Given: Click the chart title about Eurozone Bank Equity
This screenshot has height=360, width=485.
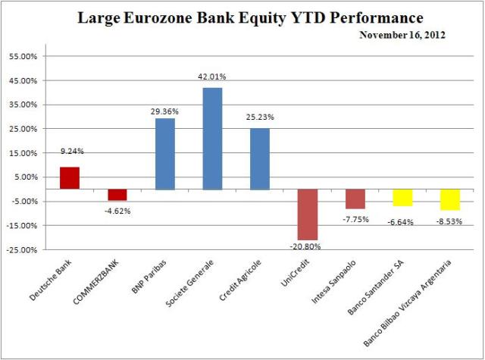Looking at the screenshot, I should tap(250, 17).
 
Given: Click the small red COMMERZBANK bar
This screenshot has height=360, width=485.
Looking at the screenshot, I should tap(117, 195).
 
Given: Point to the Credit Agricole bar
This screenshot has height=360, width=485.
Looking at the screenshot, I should tap(260, 159).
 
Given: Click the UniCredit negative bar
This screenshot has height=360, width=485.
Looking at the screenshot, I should tap(307, 214).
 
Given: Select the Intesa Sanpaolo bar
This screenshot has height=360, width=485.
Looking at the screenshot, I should tap(355, 199).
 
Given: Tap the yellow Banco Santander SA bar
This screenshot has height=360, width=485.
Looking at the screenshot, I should tap(402, 197).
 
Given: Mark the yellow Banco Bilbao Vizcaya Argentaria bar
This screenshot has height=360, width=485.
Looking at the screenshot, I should tap(450, 199).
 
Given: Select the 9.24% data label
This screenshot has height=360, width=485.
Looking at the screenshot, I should tap(70, 151).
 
